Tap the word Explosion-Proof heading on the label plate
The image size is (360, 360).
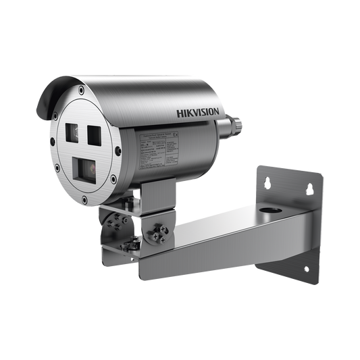click(x=157, y=128)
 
